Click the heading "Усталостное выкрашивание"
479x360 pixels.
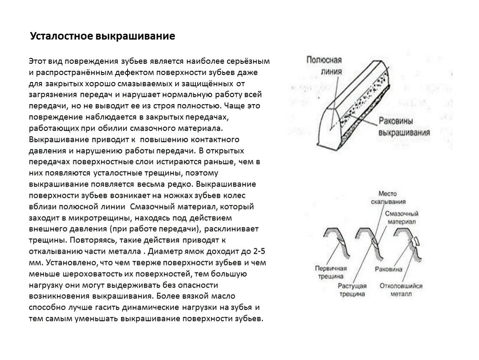102,37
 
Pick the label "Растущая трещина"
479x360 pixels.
352,290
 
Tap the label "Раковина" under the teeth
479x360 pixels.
389,269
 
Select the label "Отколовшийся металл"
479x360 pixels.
401,290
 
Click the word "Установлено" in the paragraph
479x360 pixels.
71,263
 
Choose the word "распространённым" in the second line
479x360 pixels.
70,72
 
